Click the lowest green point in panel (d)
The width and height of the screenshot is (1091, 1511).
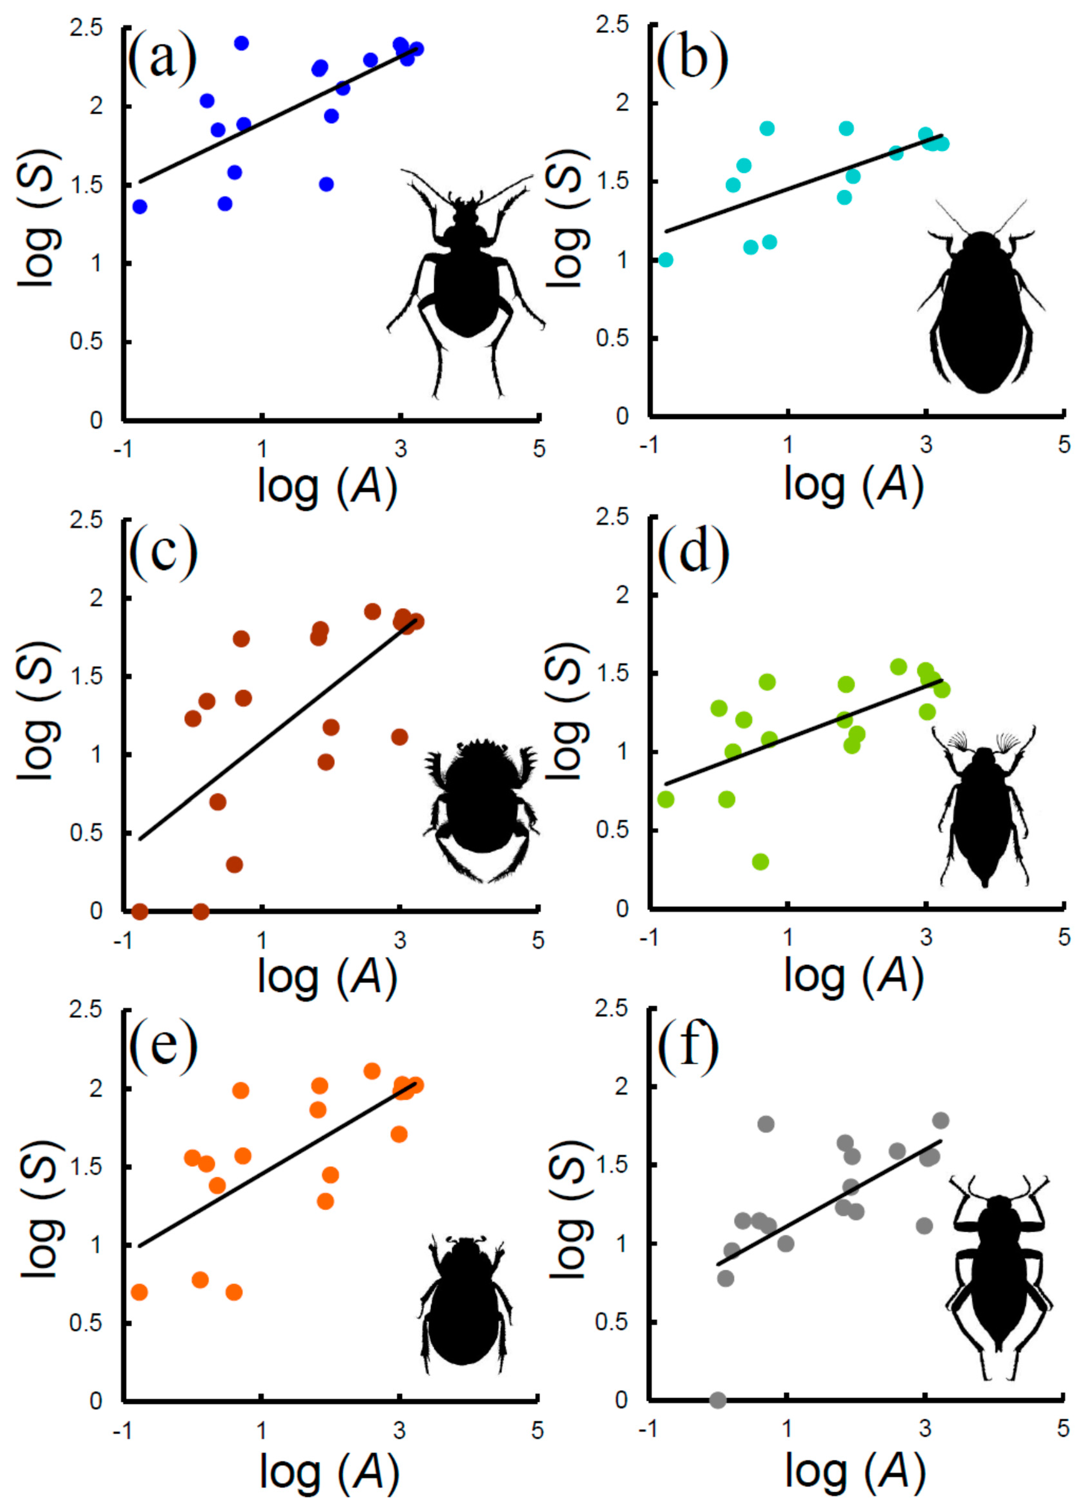pos(760,861)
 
